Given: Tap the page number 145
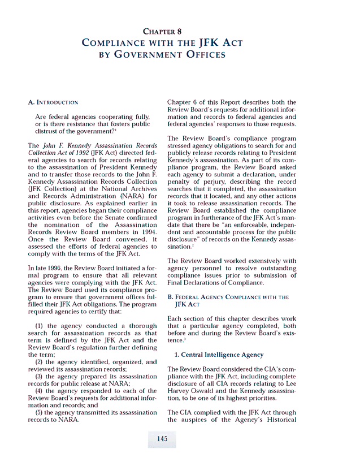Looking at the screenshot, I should click(x=162, y=439).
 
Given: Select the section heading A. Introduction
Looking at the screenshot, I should click(x=53, y=102).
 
